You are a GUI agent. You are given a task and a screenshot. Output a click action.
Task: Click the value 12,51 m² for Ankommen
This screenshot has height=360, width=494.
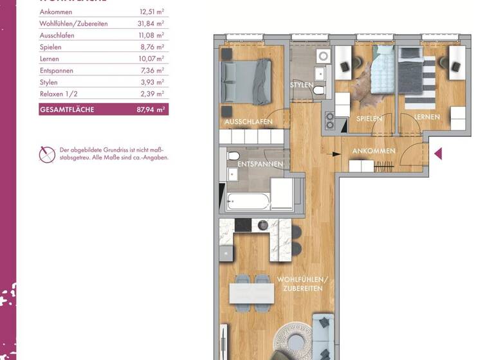151,12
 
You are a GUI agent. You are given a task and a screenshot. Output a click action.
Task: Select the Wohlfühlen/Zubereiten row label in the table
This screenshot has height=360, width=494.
73,24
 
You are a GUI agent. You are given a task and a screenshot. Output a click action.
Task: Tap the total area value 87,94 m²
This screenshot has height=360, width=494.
151,110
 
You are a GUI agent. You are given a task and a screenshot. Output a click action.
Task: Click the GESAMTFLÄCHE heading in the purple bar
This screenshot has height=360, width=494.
67,110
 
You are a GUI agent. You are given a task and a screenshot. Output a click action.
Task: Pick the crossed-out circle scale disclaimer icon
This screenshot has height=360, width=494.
47,154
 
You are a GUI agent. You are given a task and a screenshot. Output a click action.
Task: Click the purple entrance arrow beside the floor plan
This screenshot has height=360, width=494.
438,154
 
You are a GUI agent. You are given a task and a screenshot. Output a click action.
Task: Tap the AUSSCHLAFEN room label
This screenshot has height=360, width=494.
248,122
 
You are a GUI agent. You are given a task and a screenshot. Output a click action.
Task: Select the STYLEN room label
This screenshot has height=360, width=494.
302,85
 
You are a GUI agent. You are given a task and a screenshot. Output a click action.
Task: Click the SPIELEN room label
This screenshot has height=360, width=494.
369,118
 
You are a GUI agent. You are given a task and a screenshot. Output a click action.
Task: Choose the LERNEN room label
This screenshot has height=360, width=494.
427,117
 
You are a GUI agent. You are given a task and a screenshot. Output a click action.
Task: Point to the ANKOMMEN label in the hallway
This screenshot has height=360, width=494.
374,151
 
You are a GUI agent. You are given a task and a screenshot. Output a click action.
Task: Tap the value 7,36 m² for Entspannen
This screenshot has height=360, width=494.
151,71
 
